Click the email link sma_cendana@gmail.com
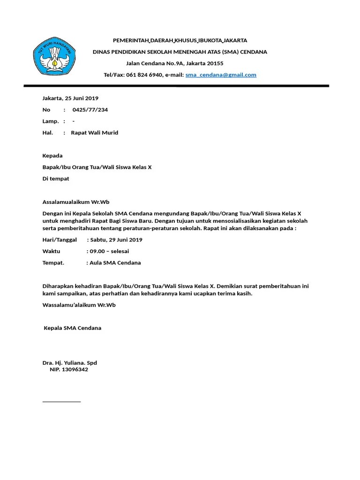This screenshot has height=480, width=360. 221,75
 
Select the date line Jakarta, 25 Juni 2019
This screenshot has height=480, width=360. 70,98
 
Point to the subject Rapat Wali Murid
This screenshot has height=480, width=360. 95,133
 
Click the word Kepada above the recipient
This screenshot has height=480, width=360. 52,156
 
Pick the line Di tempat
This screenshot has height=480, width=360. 56,179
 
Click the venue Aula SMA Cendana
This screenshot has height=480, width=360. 115,263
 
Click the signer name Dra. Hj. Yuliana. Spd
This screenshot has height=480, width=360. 70,363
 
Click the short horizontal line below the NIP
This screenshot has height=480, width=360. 61,402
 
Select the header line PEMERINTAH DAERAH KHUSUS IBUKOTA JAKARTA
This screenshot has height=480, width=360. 180,40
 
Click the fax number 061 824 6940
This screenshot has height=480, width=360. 143,75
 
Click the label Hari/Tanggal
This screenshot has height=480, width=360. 60,240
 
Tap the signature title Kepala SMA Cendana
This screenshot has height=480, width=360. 72,328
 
